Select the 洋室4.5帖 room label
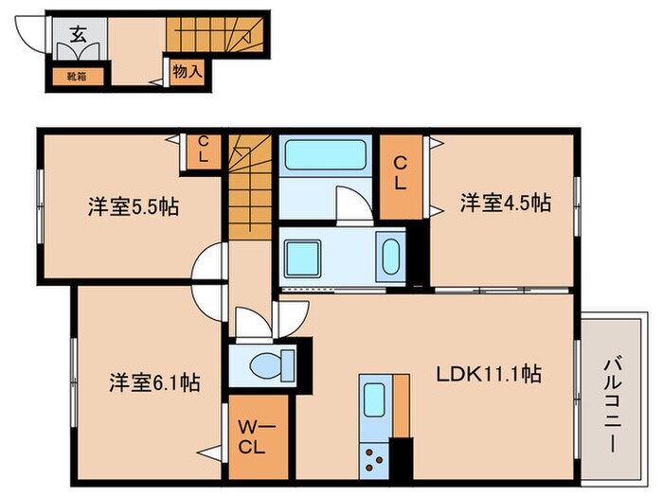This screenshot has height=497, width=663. (x=506, y=202)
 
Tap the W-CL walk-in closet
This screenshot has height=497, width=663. (x=256, y=437)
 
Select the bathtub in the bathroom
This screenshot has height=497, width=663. (x=324, y=154)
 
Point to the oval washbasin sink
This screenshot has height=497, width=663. (x=389, y=256)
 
